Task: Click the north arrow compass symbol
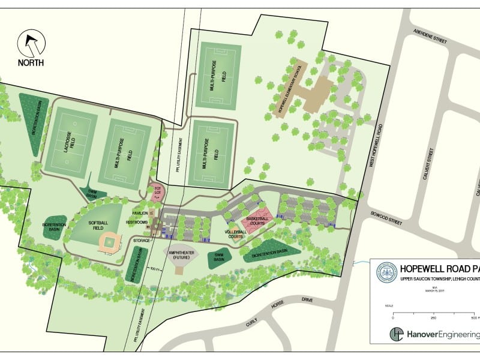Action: coord(31,44)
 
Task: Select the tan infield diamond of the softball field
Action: coord(109,242)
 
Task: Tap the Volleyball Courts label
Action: coord(236,235)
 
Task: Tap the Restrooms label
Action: coord(137,223)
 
